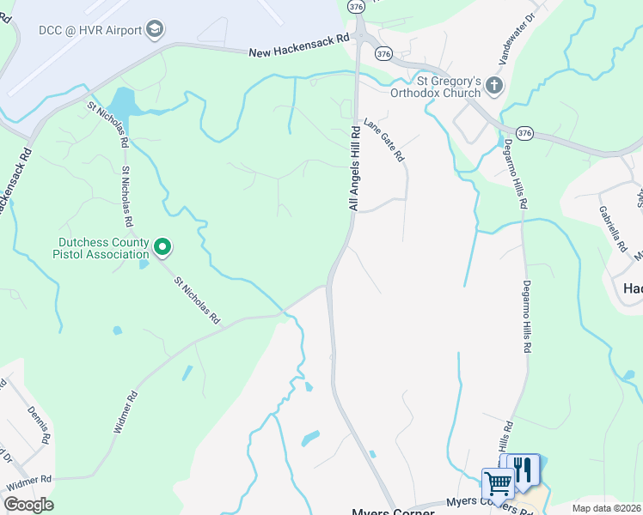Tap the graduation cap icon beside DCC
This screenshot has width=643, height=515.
(155, 29)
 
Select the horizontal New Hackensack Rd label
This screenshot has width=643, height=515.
(299, 45)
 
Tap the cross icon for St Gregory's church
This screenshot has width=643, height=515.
(494, 85)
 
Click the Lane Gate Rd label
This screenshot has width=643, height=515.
(383, 141)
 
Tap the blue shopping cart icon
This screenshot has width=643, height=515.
(497, 482)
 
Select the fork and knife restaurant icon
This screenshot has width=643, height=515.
(523, 470)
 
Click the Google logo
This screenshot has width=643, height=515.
(29, 505)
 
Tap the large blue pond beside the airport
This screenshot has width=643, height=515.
(124, 105)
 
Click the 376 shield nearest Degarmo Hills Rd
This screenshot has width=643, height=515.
(524, 133)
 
